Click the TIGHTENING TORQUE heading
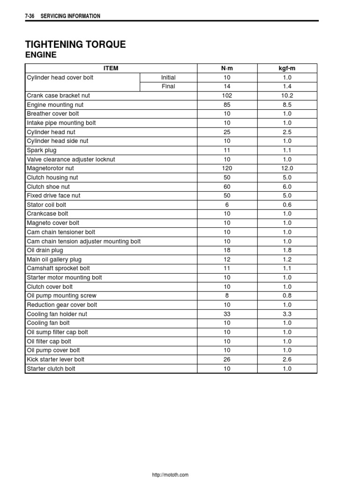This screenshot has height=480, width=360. [75, 45]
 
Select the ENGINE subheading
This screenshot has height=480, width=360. [41, 55]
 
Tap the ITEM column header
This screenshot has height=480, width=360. [111, 68]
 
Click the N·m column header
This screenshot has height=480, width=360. [227, 68]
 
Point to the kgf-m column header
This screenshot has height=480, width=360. [287, 68]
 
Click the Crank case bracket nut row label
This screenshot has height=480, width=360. [58, 96]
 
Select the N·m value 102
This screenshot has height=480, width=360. [227, 96]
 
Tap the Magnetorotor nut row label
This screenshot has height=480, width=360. [50, 168]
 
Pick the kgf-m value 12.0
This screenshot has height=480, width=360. [287, 168]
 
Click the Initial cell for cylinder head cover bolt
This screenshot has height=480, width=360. [168, 77]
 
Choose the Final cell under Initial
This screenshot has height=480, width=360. [168, 87]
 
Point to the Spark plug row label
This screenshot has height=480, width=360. [41, 150]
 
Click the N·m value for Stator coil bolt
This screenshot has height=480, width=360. [227, 205]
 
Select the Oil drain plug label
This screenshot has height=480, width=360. [45, 250]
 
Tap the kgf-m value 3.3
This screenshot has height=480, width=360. [287, 314]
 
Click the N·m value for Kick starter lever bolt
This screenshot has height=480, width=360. [227, 360]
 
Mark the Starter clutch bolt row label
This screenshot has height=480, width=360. [51, 369]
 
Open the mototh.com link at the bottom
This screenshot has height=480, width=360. [170, 475]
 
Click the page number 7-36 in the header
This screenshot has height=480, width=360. [30, 16]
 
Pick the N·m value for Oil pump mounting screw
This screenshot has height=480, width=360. [227, 296]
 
